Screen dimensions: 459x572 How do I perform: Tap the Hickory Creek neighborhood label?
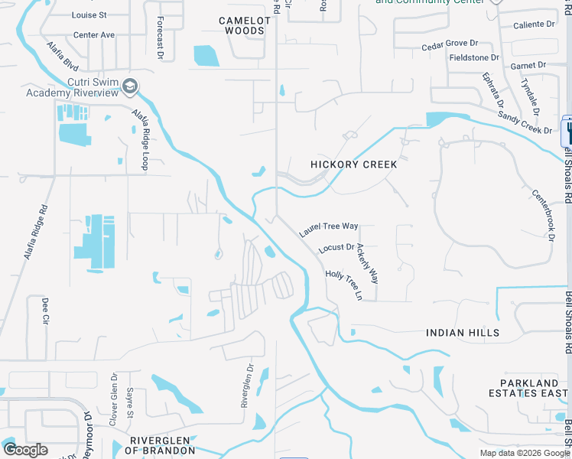354,164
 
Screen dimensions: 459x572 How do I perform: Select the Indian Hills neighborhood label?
463,333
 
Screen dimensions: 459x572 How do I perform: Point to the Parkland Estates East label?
529,388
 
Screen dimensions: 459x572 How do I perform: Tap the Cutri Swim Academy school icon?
129,86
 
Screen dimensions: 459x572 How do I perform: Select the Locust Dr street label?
336,247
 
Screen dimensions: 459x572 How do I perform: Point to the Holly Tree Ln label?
343,285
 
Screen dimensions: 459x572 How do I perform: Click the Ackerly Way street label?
368,265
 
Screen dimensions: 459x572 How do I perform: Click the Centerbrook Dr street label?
542,216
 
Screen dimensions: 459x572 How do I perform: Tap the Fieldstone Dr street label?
474,57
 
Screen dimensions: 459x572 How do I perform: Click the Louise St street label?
89,15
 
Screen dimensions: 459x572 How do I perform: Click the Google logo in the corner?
25,450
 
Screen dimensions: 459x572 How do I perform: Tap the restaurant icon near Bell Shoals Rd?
567,131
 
